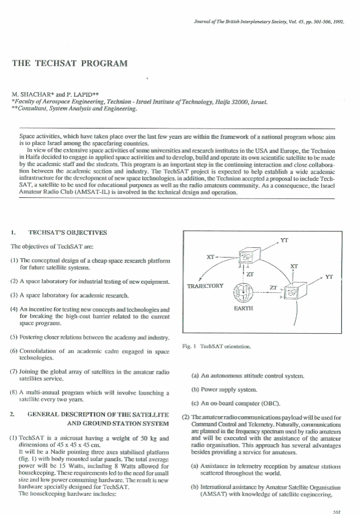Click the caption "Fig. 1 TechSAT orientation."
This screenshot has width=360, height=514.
(x=219, y=346)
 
